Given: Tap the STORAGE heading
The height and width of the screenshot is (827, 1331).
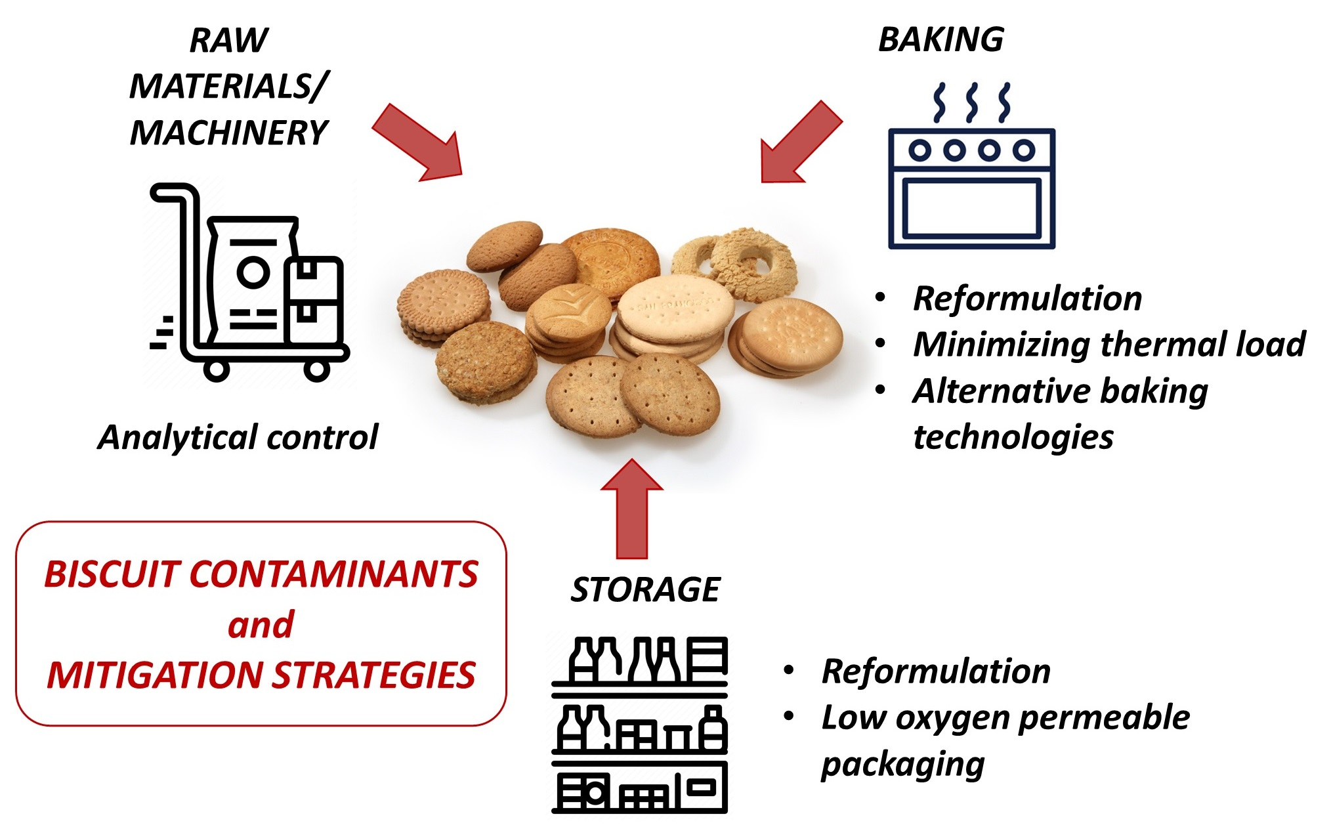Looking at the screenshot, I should [645, 589].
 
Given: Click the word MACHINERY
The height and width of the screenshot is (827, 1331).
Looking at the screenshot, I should [228, 133].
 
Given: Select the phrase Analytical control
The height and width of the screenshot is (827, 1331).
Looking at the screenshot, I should [238, 437].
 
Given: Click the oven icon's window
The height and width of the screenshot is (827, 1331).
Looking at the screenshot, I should [971, 208].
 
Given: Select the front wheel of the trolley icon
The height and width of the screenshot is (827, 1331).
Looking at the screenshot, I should [316, 370].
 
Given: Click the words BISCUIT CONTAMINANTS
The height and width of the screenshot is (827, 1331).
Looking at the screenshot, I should [261, 574].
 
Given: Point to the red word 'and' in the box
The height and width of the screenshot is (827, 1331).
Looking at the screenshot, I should [261, 624].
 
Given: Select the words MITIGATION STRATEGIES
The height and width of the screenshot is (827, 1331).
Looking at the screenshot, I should [261, 675].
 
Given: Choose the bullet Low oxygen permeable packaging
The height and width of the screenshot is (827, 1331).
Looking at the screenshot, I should [1004, 740].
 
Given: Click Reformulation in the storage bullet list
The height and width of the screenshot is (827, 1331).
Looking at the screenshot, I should [935, 671].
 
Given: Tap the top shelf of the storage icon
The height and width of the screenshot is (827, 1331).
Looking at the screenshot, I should [640, 662].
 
